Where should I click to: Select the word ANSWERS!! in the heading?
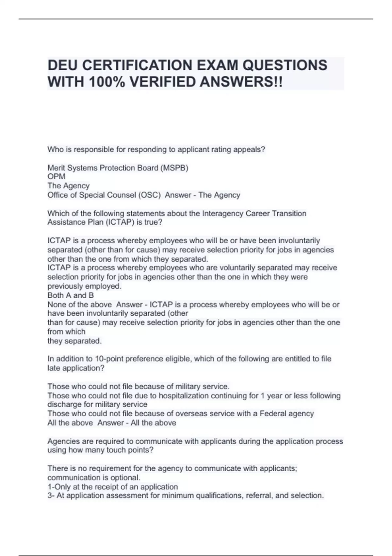[241, 82]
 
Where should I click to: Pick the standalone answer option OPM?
[56, 177]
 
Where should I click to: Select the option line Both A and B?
[71, 295]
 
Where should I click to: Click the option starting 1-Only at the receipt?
[113, 487]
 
